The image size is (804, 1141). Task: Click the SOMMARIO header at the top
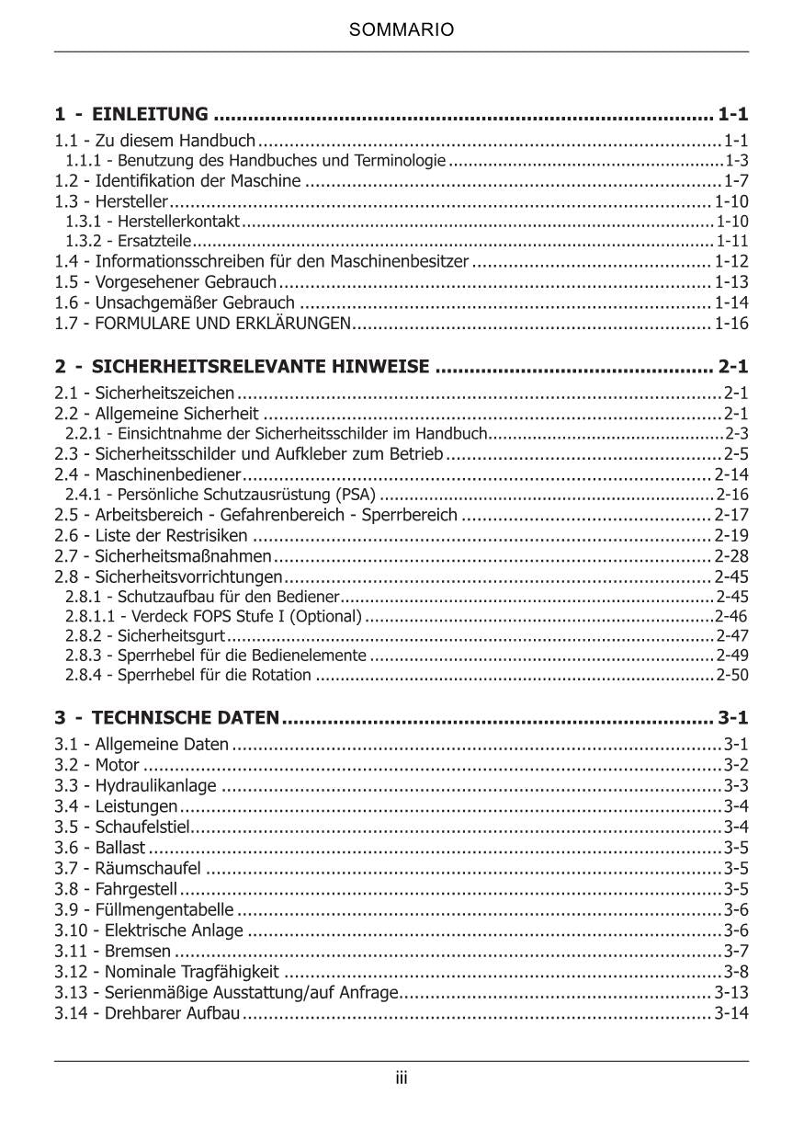402,30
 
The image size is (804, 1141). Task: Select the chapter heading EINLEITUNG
150,115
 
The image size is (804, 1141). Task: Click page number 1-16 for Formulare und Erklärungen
731,324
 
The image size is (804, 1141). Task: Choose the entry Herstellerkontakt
174,222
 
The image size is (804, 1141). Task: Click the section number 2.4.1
84,495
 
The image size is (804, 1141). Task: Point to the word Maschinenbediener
168,474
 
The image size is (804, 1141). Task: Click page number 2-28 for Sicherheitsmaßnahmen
731,556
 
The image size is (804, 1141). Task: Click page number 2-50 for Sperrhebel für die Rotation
732,676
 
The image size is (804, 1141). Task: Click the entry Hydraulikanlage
156,785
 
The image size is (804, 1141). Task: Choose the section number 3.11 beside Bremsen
69,951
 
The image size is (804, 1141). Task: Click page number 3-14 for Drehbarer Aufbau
731,1013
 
